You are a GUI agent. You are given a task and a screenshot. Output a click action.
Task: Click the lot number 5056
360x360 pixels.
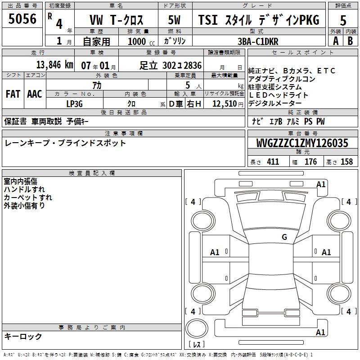point(22,19)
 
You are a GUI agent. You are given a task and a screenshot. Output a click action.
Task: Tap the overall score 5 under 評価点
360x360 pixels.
point(343,20)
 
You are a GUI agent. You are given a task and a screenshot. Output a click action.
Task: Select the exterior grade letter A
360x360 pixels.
point(336,41)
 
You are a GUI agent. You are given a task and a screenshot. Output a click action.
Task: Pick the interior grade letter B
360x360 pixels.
point(350,41)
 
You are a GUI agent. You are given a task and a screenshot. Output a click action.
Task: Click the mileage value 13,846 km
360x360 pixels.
point(55,65)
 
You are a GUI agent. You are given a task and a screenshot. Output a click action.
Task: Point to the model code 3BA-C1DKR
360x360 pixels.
point(258,41)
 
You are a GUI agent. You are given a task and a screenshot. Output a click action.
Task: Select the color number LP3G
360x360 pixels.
point(74,104)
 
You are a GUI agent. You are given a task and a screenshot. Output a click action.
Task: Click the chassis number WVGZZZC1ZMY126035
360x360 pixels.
point(302,143)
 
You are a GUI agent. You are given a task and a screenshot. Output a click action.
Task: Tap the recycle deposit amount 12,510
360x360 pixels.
point(225,104)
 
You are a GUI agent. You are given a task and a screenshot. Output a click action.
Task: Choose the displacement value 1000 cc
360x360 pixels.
point(141,41)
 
